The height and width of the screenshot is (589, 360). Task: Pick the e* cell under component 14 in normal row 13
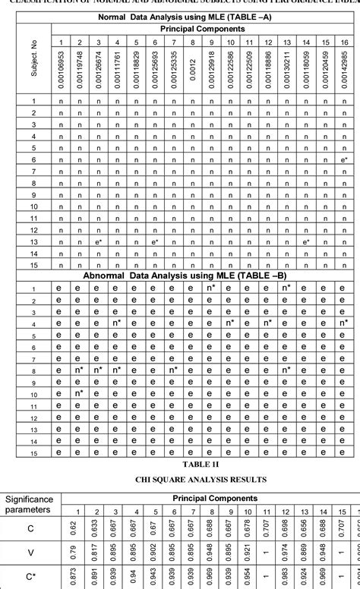pos(306,241)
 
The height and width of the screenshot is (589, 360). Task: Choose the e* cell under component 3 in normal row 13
pos(98,241)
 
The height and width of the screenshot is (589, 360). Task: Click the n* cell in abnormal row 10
pos(78,394)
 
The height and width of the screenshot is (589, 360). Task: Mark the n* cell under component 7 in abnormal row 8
pos(173,370)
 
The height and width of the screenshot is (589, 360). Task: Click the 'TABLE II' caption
pos(180,463)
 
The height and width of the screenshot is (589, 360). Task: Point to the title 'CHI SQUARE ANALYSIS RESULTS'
pos(180,480)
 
